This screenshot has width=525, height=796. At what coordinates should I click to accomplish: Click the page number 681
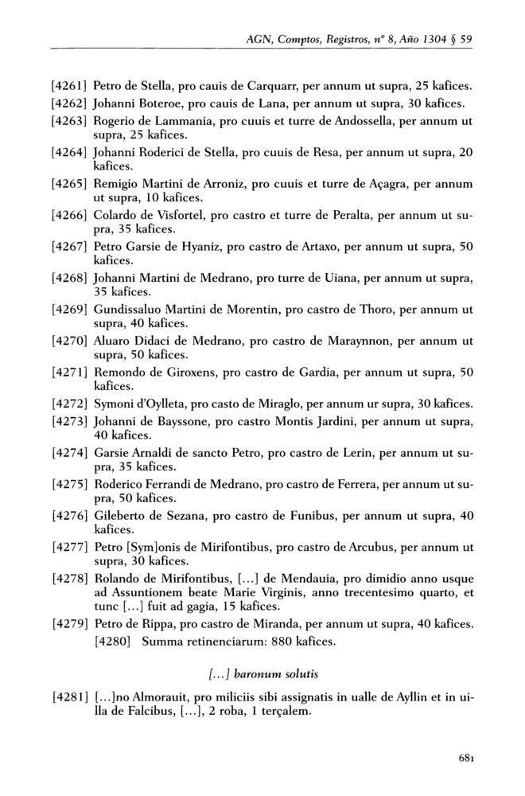click(x=466, y=758)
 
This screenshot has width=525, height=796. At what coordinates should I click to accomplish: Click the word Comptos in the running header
click(x=302, y=38)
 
